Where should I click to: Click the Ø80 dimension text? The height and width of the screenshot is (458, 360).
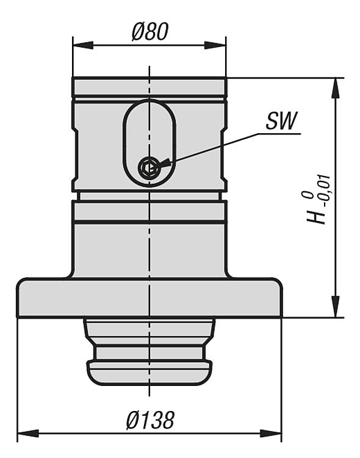pos(150,31)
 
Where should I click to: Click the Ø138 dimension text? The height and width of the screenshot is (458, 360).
pos(150,420)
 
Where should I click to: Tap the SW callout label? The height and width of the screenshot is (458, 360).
pos(281,121)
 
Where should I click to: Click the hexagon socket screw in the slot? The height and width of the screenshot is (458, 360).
pos(149,168)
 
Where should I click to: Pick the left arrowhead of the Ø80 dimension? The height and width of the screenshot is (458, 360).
pos(83,45)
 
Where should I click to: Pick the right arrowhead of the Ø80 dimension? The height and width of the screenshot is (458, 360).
pos(215,45)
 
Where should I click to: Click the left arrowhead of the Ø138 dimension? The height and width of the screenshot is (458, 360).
pos(28,434)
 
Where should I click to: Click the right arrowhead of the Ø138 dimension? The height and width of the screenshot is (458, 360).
pos(271,434)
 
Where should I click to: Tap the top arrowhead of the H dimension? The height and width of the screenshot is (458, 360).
pos(336,89)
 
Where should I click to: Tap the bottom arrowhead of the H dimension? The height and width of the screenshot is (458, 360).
pos(336,307)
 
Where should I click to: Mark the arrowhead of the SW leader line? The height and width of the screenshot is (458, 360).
pos(164,162)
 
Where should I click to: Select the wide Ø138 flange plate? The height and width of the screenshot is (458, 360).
pos(149,297)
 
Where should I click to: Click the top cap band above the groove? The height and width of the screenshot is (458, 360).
pos(149,87)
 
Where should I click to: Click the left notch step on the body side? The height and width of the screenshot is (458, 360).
pos(74,156)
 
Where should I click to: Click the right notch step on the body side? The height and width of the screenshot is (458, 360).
pos(224,156)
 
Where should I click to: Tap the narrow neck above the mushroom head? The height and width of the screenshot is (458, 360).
pos(149,353)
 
